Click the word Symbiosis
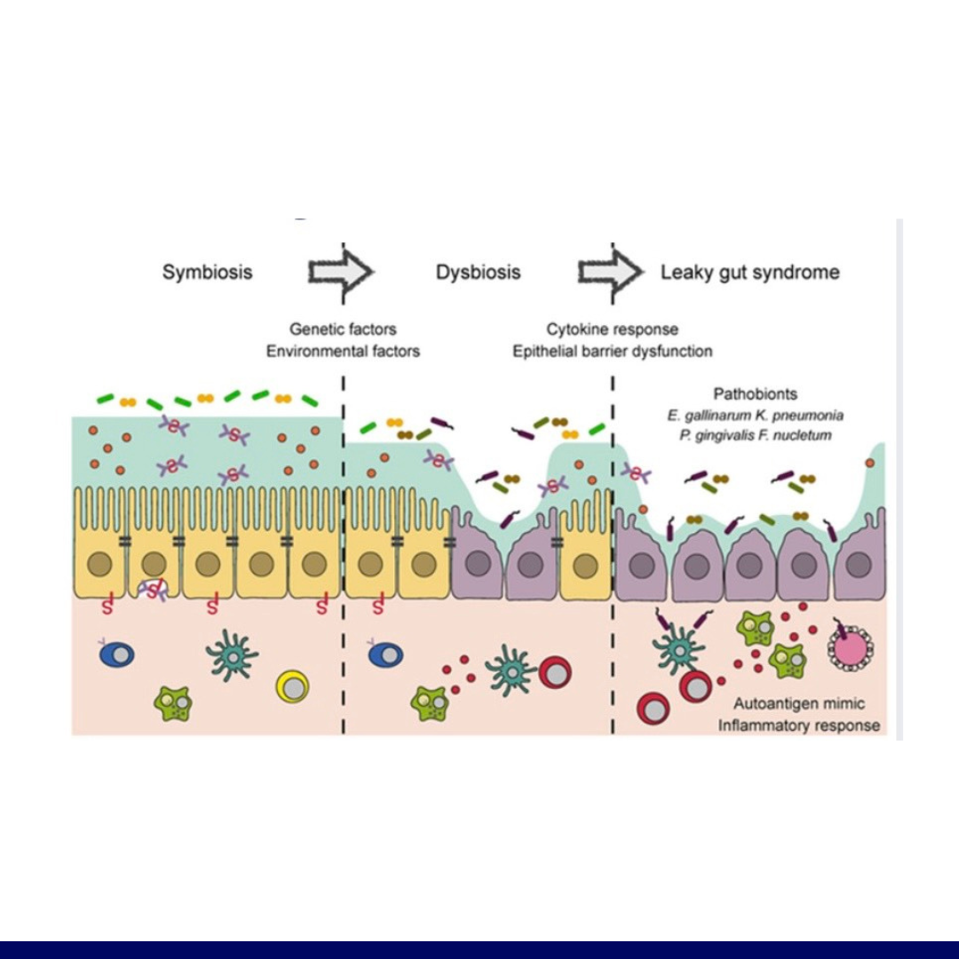click(207, 273)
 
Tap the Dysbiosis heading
click(478, 273)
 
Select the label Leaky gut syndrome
click(749, 273)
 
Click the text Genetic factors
click(343, 329)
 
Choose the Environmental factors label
click(343, 351)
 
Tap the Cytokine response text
click(613, 329)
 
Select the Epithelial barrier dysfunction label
click(613, 351)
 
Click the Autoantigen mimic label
click(799, 704)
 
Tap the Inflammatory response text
click(799, 725)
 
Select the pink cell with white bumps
click(850, 646)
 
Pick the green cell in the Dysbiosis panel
click(430, 702)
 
